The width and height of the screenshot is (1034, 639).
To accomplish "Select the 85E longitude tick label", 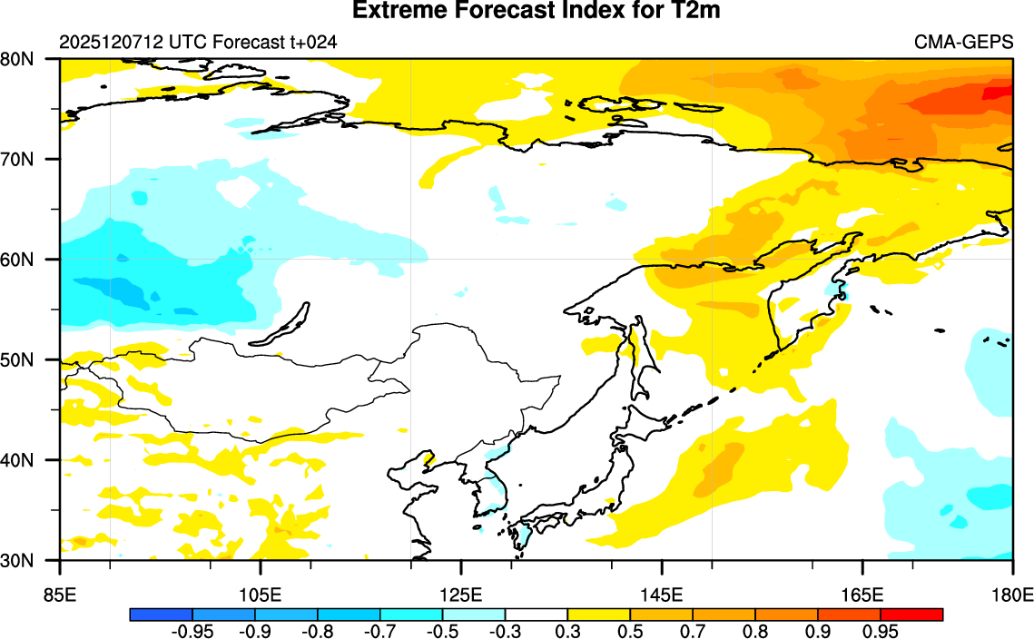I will [x=60, y=595].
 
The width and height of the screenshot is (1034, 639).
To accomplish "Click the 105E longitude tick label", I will [x=261, y=595].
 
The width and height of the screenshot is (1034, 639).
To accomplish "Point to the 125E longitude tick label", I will [x=461, y=595].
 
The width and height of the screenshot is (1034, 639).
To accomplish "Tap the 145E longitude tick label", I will [x=662, y=595].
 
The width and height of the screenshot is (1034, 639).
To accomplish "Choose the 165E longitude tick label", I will [x=862, y=595].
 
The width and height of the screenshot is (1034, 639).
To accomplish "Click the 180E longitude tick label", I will [x=1013, y=595].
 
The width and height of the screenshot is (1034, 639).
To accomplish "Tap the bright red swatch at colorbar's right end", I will [x=912, y=614].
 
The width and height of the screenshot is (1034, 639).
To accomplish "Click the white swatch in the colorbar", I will [x=537, y=614].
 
